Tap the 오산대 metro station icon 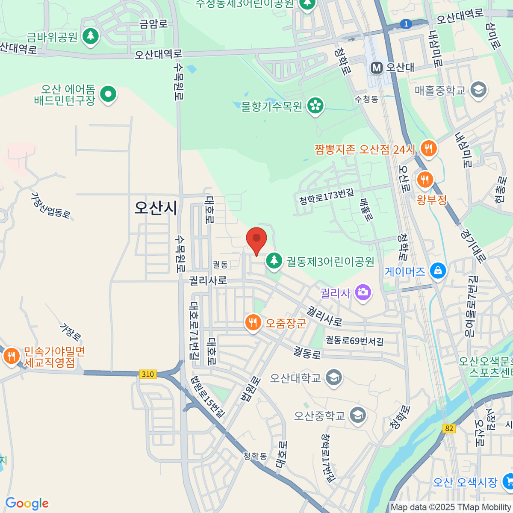click(x=377, y=68)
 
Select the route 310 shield click(x=147, y=374)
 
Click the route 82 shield click(x=448, y=428)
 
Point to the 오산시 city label click(x=156, y=208)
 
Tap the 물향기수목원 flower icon click(x=315, y=106)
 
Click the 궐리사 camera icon click(x=363, y=293)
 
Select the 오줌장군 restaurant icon click(x=253, y=322)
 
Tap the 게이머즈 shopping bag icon click(x=438, y=271)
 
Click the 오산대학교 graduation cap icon click(x=333, y=377)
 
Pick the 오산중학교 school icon click(x=357, y=415)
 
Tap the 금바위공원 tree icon click(x=90, y=36)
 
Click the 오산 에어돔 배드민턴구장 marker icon click(x=108, y=94)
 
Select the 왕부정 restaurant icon click(x=425, y=180)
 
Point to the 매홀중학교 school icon click(x=478, y=90)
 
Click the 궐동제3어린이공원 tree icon click(x=274, y=260)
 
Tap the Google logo click(x=27, y=504)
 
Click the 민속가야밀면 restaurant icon click(x=12, y=356)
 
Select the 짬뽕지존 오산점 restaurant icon click(x=428, y=149)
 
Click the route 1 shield click(x=406, y=24)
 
